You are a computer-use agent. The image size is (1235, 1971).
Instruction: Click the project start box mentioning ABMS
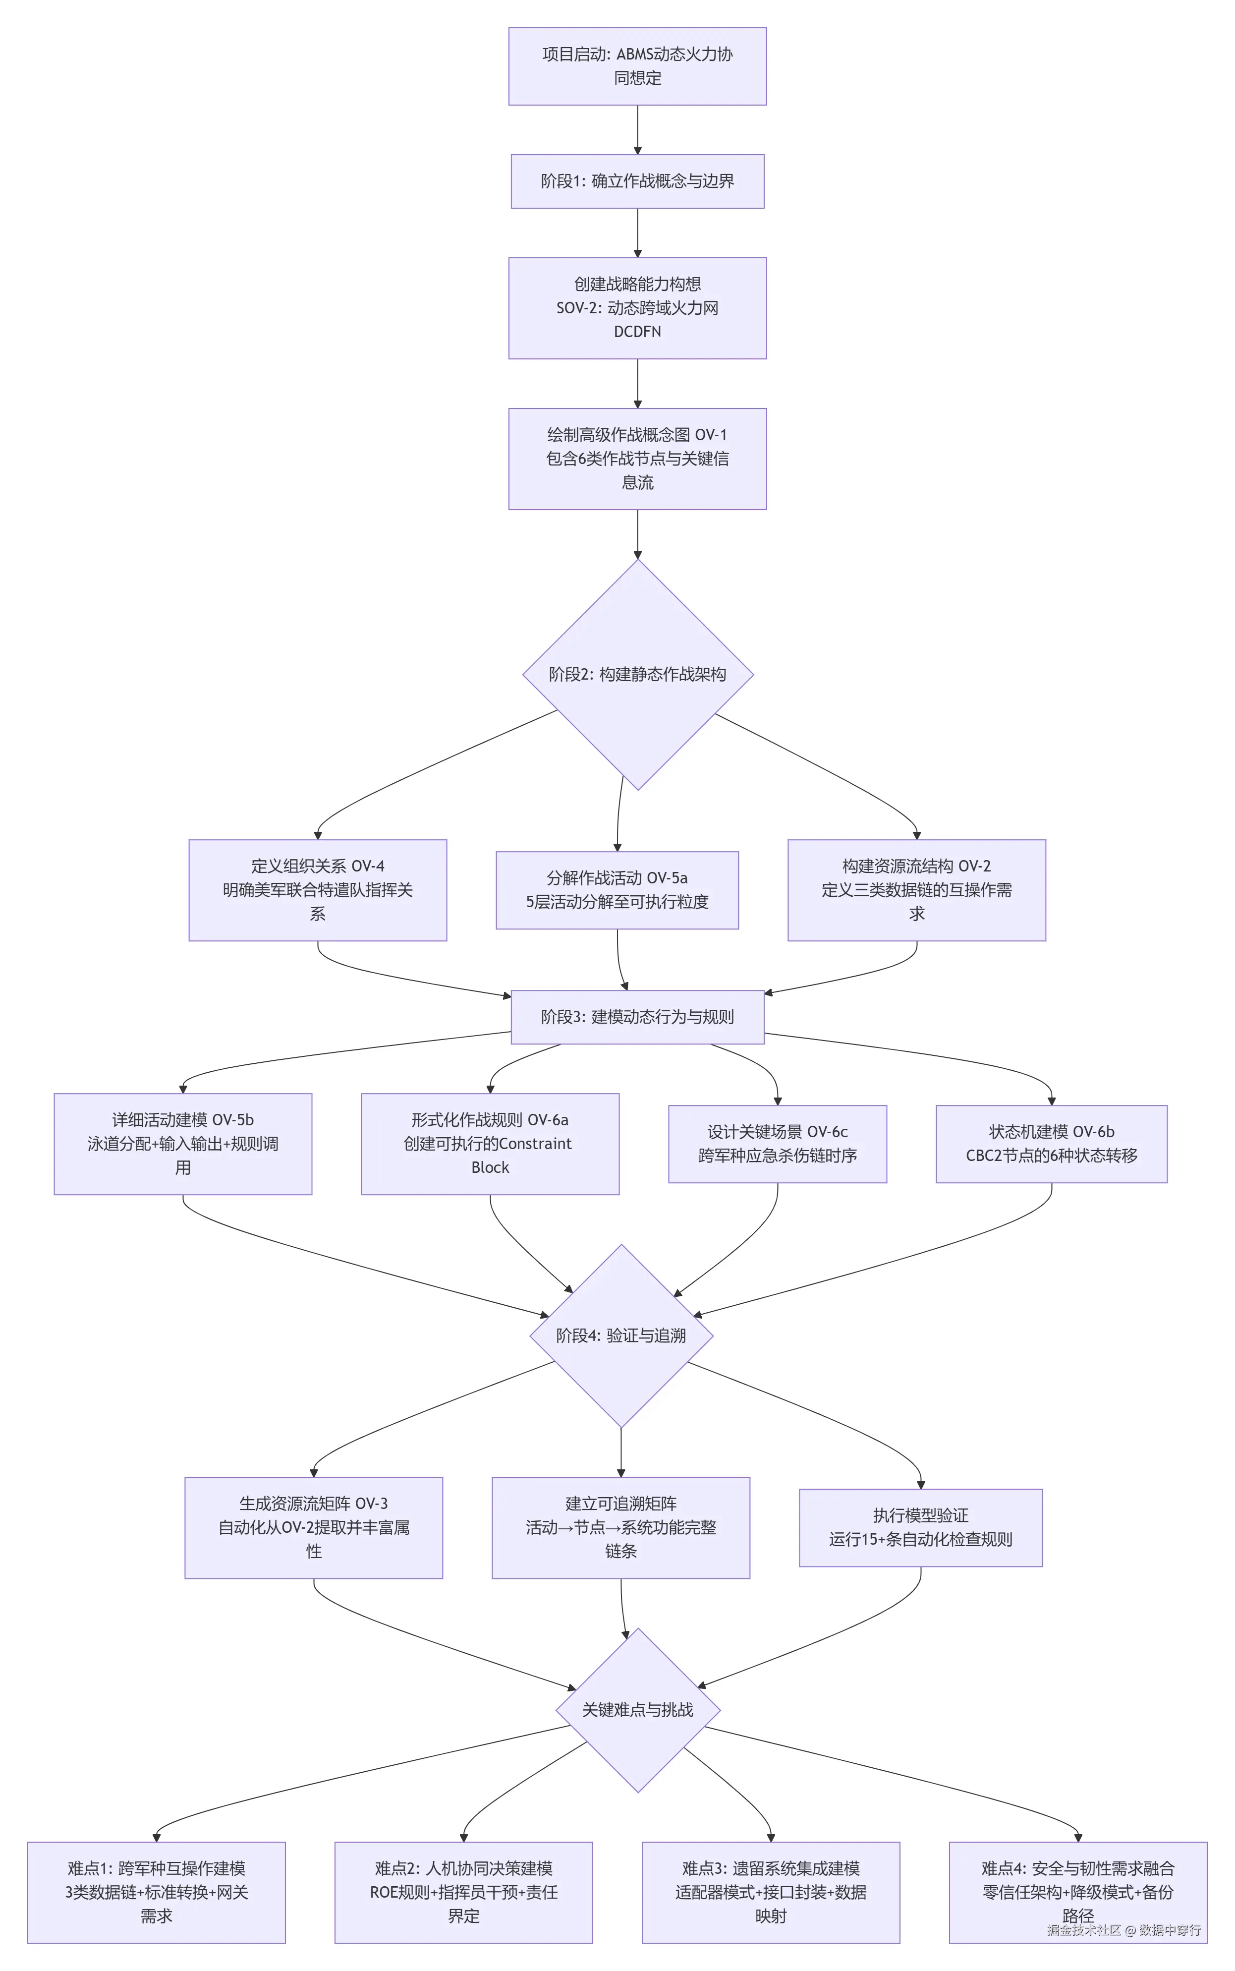[x=637, y=66]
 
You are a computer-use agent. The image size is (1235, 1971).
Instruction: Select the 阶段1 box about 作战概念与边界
[x=637, y=181]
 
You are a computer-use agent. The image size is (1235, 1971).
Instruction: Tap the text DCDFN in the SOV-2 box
[x=637, y=332]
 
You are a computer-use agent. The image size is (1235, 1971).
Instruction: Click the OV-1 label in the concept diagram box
[x=710, y=435]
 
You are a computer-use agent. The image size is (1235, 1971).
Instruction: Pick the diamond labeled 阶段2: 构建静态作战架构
[x=637, y=674]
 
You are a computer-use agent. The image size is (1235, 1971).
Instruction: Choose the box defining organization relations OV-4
[x=318, y=889]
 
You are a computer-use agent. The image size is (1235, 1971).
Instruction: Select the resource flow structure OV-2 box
[x=916, y=889]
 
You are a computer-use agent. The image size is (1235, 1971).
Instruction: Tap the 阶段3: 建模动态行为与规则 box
[x=637, y=1017]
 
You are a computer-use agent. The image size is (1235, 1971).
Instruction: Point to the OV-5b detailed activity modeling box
[x=183, y=1144]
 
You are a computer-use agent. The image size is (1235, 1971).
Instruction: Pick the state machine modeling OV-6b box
[x=1051, y=1144]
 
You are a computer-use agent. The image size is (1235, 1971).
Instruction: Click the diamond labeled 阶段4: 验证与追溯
[x=621, y=1335]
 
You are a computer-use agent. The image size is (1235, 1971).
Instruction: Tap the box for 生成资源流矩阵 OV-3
[x=314, y=1527]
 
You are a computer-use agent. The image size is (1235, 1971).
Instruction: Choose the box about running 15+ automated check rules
[x=920, y=1527]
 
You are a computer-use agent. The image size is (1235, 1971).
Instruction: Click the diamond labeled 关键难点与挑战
[x=637, y=1710]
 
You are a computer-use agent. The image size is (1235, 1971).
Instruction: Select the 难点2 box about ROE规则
[x=463, y=1892]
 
